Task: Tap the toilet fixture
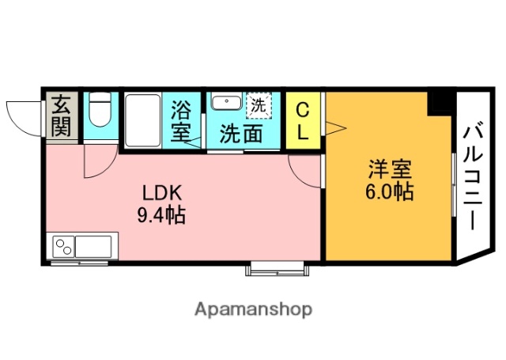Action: coord(100,112)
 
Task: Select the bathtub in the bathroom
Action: coord(143,119)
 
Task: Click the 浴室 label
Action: coord(181,119)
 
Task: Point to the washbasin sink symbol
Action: coord(228,103)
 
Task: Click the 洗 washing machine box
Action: coord(259,103)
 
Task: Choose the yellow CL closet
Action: coord(303,119)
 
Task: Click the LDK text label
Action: coord(163,192)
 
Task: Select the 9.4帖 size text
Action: coord(163,214)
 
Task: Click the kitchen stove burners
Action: coord(62,247)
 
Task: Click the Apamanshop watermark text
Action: coord(253,309)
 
